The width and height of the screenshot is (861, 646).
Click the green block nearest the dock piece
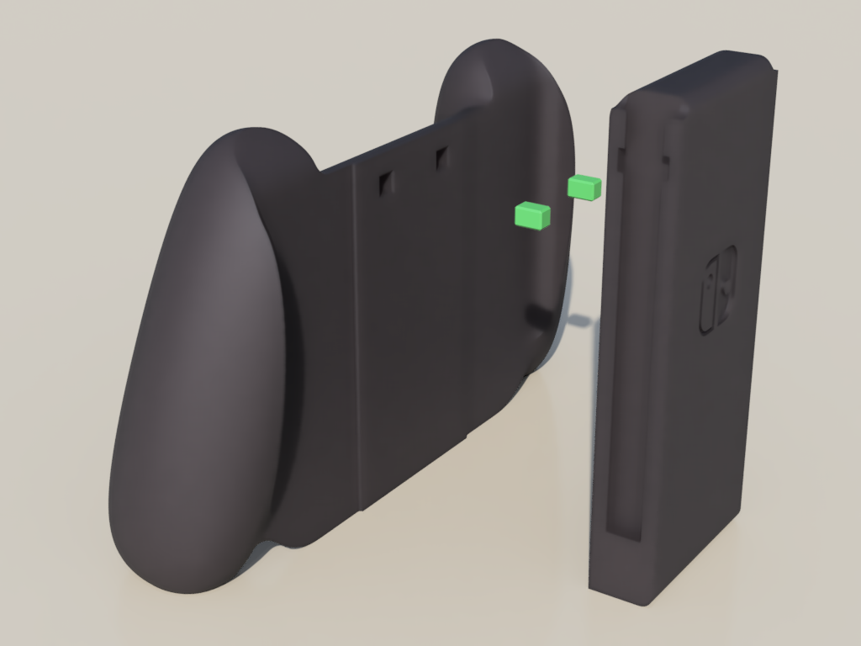pyautogui.click(x=584, y=188)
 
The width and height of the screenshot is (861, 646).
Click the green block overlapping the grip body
pyautogui.click(x=532, y=216)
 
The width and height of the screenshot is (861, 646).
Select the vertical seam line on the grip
pyautogui.click(x=357, y=336)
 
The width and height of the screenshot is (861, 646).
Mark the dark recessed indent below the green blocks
pyautogui.click(x=538, y=316)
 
